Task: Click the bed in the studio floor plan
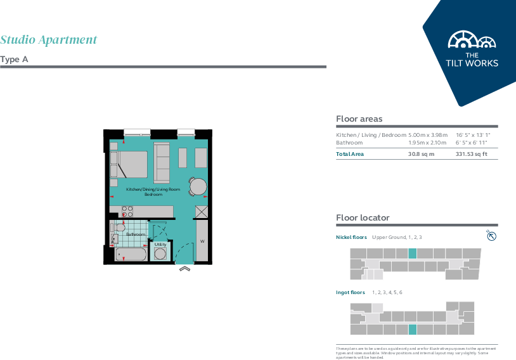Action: (131, 164)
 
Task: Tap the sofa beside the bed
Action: (162, 164)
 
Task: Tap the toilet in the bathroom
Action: (119, 226)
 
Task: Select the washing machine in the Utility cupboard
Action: (161, 254)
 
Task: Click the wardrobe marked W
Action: (202, 241)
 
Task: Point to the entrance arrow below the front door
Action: (184, 269)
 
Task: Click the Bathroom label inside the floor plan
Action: (135, 235)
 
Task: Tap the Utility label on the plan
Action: (160, 244)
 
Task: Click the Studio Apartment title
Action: (49, 40)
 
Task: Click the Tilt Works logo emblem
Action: (472, 41)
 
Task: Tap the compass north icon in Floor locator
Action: (491, 236)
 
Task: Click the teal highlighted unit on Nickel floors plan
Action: (412, 254)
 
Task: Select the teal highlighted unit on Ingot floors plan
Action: (412, 329)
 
